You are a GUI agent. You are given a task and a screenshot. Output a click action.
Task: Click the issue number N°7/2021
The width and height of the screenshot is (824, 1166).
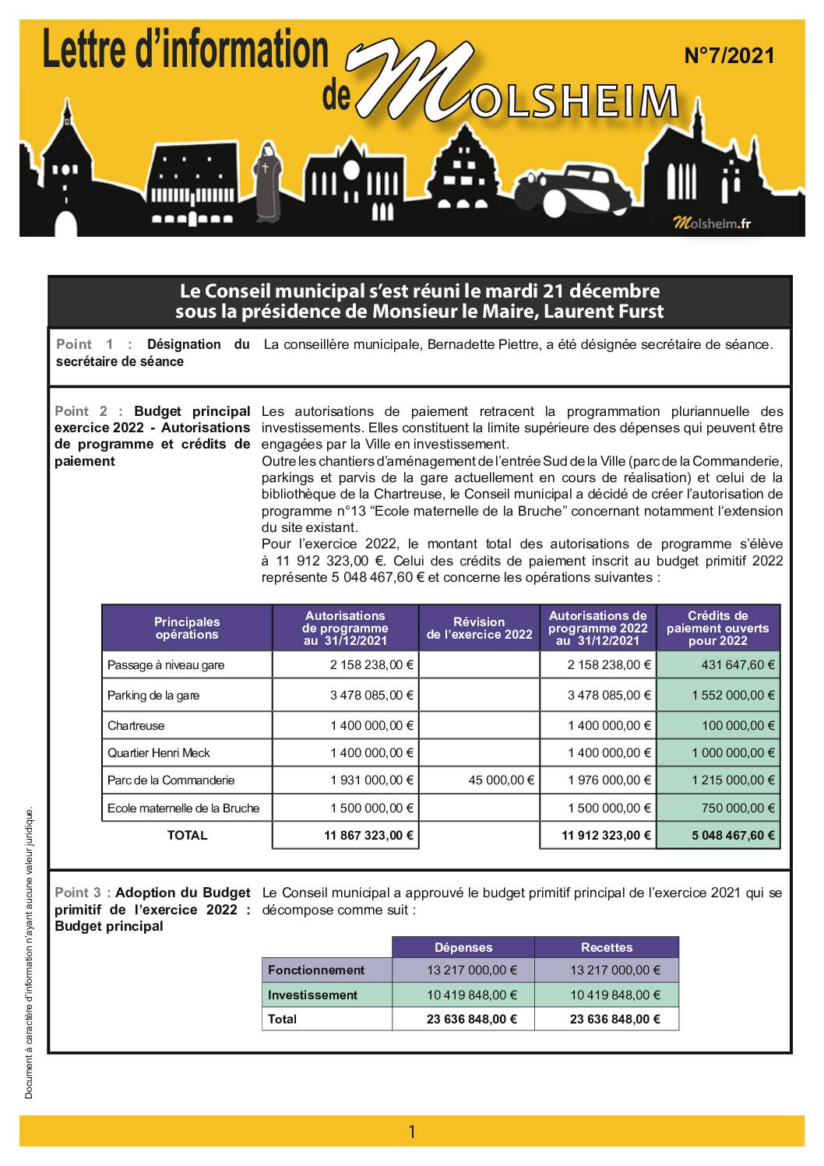click(729, 56)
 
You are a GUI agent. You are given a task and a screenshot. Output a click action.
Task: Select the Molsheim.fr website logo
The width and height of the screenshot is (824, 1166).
click(712, 224)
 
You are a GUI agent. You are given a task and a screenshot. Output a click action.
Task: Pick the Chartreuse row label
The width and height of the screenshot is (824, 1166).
click(136, 726)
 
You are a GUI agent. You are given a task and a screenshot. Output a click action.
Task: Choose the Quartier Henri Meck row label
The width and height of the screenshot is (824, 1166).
click(159, 753)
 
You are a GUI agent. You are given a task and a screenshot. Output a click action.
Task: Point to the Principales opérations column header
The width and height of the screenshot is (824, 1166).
click(187, 628)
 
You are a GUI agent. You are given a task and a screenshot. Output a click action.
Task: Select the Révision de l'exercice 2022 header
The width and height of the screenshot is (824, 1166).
click(479, 628)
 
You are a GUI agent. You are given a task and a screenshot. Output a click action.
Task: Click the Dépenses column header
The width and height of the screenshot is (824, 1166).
click(463, 948)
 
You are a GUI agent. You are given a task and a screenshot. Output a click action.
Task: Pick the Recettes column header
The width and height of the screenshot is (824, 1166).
click(607, 948)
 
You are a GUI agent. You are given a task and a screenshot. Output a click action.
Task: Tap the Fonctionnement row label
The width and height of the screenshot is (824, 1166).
click(316, 970)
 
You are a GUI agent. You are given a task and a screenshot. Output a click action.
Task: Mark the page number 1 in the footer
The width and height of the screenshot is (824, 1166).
click(412, 1132)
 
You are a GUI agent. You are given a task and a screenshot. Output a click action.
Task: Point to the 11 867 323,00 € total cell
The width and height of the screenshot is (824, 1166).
click(368, 836)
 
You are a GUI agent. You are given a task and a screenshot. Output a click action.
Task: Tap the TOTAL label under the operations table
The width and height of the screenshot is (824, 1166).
click(187, 836)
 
